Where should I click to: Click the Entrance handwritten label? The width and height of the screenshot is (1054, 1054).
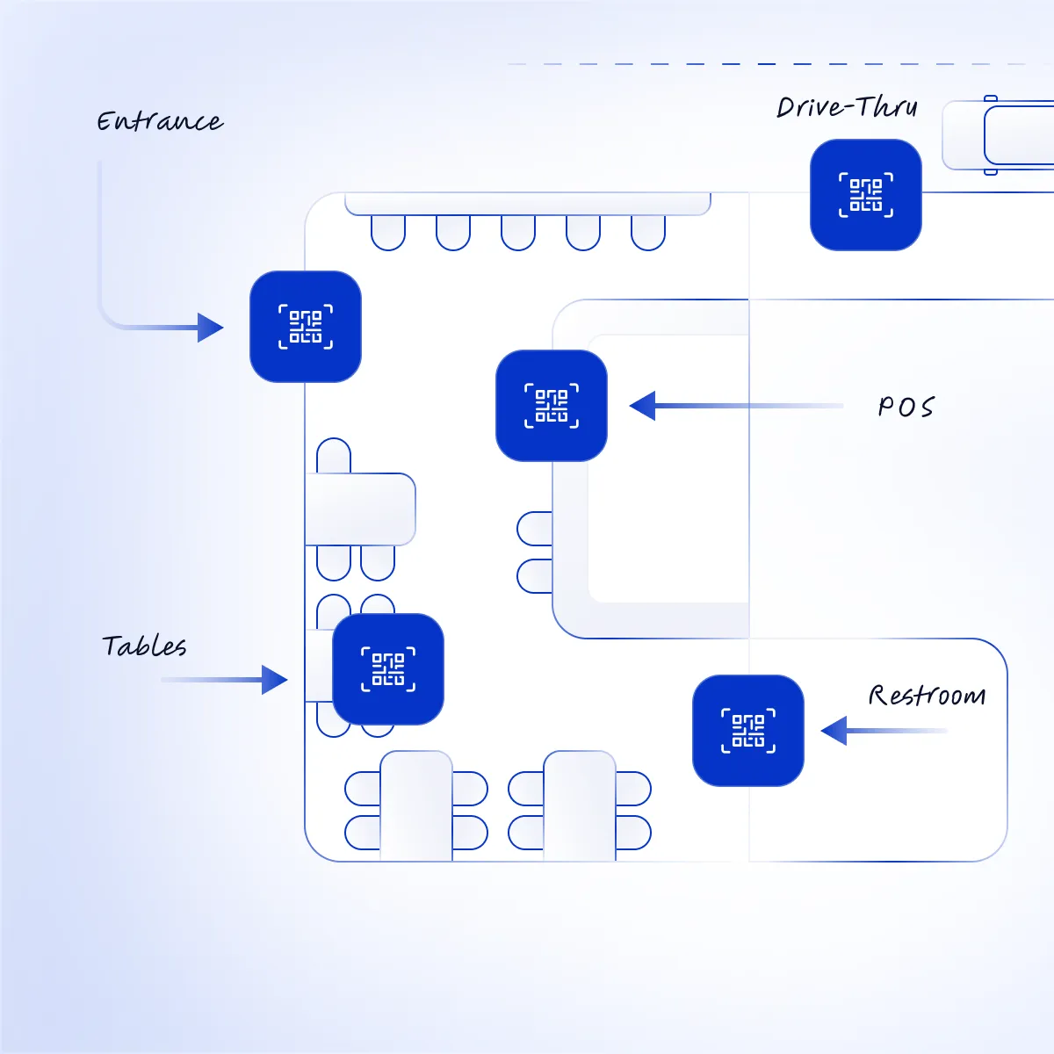pyautogui.click(x=160, y=121)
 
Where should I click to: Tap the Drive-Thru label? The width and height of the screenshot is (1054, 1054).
pyautogui.click(x=847, y=106)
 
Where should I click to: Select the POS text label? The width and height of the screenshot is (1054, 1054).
pyautogui.click(x=906, y=407)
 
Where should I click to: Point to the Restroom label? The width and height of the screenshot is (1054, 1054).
pyautogui.click(x=928, y=695)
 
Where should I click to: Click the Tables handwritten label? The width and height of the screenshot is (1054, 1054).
pyautogui.click(x=144, y=646)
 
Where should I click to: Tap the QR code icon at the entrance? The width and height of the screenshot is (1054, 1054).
pyautogui.click(x=305, y=327)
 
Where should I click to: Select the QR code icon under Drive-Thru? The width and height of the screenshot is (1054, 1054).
pyautogui.click(x=866, y=195)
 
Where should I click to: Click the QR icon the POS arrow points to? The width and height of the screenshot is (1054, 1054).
pyautogui.click(x=552, y=405)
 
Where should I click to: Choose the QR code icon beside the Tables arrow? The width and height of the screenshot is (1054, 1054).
pyautogui.click(x=388, y=669)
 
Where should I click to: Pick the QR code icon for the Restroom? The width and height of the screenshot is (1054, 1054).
pyautogui.click(x=748, y=730)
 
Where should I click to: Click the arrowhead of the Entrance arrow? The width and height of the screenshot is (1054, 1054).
pyautogui.click(x=210, y=328)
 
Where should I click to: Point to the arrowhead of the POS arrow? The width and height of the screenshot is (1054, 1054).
pyautogui.click(x=642, y=406)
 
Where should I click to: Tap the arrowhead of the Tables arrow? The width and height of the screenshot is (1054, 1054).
pyautogui.click(x=275, y=680)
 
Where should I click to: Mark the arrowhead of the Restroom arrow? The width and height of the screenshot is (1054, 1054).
pyautogui.click(x=834, y=730)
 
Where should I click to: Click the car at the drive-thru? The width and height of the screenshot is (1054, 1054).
pyautogui.click(x=998, y=135)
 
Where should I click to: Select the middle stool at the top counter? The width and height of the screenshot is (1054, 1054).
pyautogui.click(x=518, y=233)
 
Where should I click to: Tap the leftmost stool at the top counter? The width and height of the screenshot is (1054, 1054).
pyautogui.click(x=388, y=233)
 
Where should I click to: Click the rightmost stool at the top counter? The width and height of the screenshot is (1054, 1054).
pyautogui.click(x=648, y=233)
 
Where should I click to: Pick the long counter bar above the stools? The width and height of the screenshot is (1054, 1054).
pyautogui.click(x=528, y=204)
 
